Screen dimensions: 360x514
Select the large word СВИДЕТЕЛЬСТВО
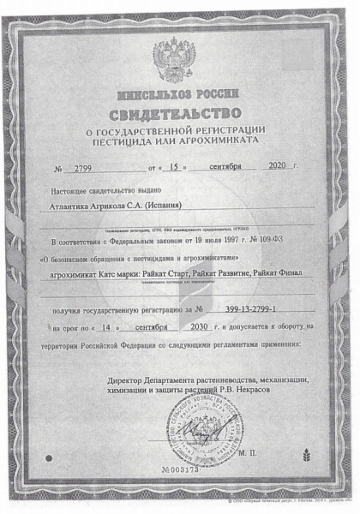pyautogui.click(x=180, y=113)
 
